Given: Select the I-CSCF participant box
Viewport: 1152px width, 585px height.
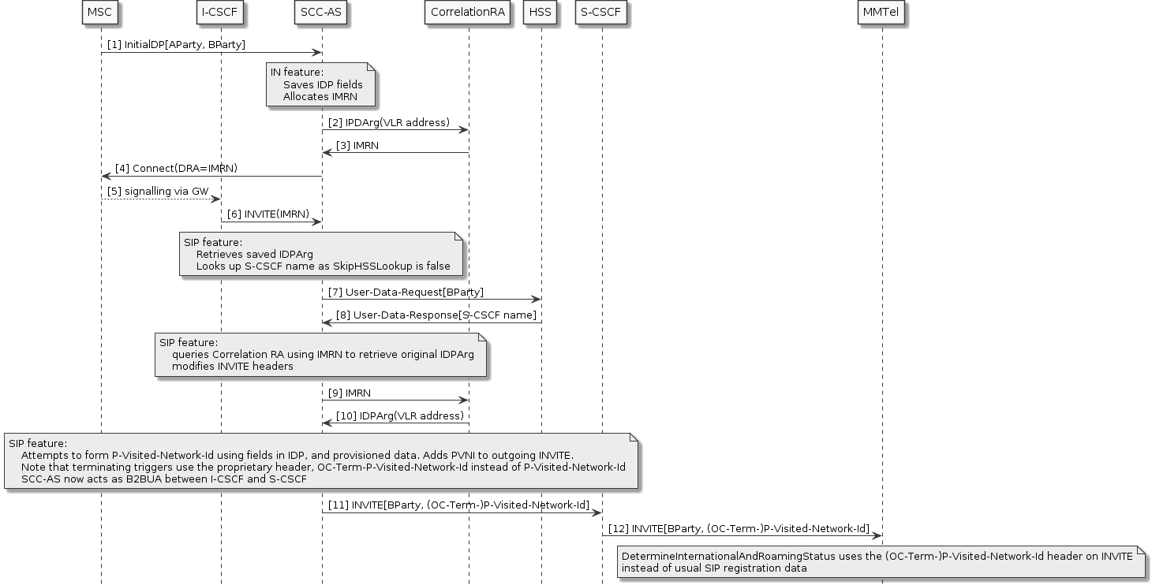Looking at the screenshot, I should [220, 13].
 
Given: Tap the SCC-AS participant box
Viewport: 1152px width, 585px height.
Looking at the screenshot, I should [321, 13].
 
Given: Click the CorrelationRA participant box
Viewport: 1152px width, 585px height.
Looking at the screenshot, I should [469, 13].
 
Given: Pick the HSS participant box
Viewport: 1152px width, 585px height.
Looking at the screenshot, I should [541, 13].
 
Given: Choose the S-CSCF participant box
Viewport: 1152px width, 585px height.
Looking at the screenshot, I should [602, 13].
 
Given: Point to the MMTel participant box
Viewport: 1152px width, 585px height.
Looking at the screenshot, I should [881, 13].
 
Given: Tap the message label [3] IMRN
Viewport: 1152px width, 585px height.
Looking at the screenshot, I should [357, 146].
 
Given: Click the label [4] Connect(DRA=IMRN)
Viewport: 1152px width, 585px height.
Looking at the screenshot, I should [176, 169].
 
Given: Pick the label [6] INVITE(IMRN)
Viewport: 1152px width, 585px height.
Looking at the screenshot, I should [271, 214].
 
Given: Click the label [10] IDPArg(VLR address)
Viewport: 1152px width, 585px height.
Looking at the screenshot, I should [400, 415].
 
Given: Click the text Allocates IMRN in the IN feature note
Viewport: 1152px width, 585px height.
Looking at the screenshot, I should [320, 97].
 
